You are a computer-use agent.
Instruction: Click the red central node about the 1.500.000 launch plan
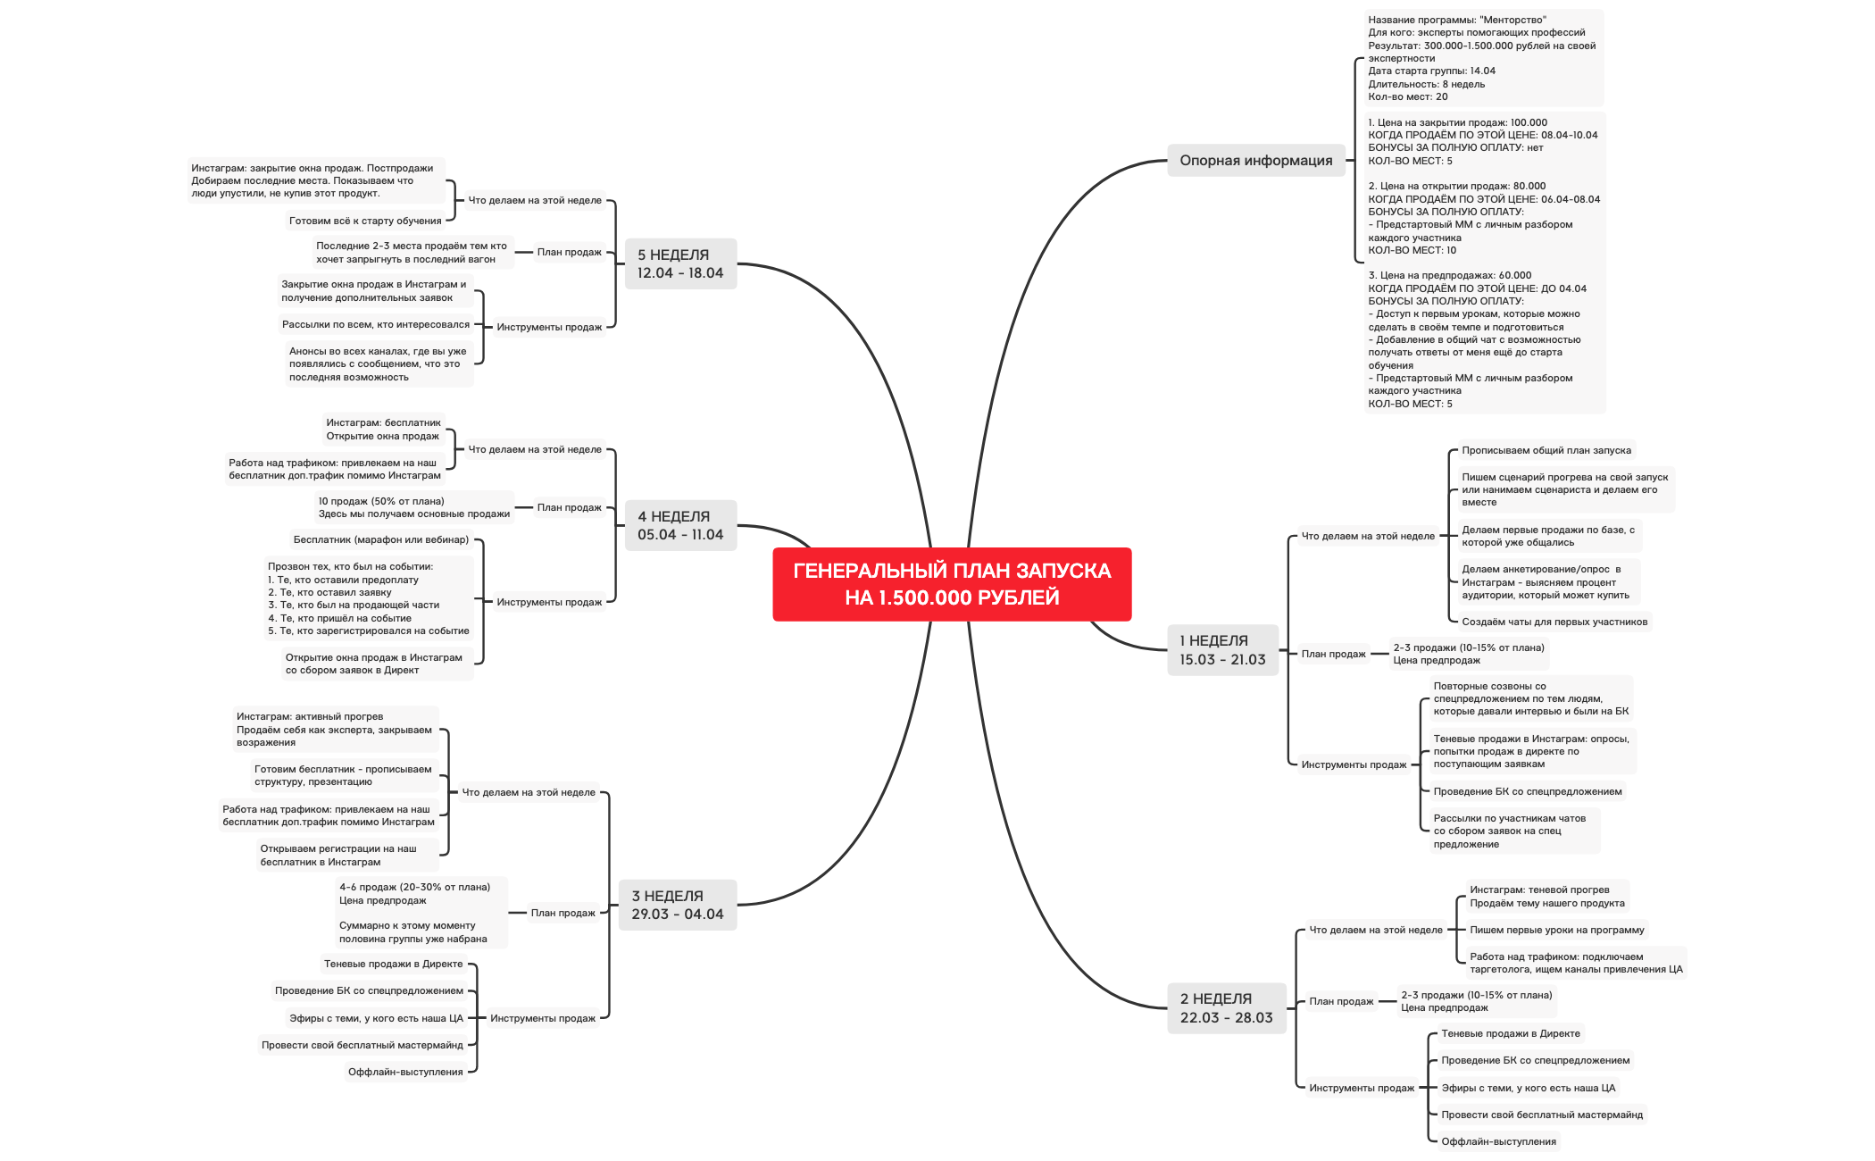(952, 584)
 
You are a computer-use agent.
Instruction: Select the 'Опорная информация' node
(1255, 161)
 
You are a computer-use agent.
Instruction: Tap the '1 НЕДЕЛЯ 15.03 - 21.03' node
(1222, 650)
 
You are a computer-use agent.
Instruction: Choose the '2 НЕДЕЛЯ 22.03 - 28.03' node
(1226, 1008)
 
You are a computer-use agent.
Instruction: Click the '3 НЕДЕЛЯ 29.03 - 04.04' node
(678, 905)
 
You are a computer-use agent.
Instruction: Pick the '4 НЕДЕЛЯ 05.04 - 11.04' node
(680, 525)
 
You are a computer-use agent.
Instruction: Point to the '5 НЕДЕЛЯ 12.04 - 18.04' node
(680, 263)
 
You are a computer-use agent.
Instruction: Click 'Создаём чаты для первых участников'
(1554, 622)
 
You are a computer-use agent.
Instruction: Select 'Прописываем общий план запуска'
(1546, 450)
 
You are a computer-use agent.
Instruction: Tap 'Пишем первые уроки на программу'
(1556, 930)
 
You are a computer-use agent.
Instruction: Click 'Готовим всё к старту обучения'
(365, 221)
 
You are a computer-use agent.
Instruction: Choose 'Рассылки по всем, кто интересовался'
(375, 324)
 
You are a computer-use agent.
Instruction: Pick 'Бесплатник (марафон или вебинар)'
(380, 539)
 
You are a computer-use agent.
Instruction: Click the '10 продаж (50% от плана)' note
(413, 507)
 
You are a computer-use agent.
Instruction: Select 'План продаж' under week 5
(569, 252)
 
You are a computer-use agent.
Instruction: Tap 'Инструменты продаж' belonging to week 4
(549, 602)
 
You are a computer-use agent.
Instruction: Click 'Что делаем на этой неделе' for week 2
(1375, 930)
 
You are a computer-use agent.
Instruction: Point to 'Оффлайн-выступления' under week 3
(405, 1072)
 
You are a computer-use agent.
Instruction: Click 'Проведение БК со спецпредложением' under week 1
(1527, 791)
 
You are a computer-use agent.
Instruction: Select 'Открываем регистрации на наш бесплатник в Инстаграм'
(337, 855)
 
